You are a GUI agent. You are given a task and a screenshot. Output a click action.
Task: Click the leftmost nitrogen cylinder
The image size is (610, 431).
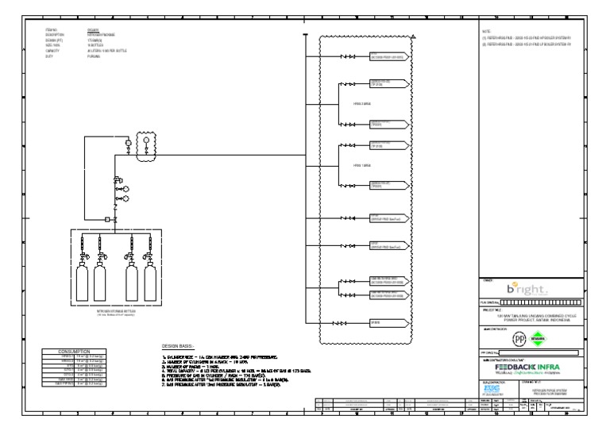click(x=83, y=283)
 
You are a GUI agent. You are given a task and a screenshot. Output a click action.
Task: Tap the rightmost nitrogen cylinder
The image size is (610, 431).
click(x=149, y=283)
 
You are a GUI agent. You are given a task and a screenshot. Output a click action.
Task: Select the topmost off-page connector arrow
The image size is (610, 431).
click(x=389, y=57)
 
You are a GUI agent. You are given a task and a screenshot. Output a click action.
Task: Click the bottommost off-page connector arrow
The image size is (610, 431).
click(x=389, y=323)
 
